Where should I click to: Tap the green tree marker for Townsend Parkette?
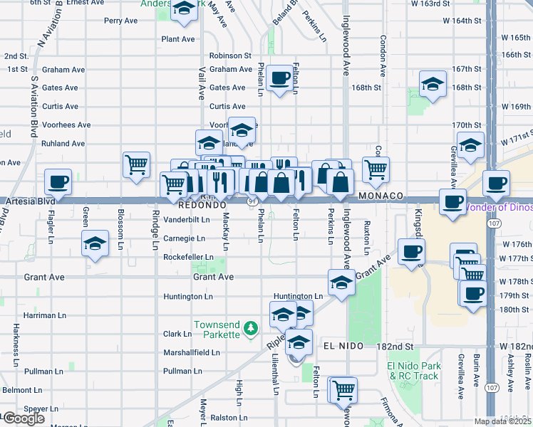[250, 328]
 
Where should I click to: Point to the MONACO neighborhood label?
[381, 196]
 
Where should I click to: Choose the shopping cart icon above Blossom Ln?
[136, 164]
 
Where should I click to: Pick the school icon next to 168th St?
[433, 84]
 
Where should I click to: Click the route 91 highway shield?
[252, 202]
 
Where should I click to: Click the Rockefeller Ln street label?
[188, 257]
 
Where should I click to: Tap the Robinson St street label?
[230, 55]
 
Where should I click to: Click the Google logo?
[24, 418]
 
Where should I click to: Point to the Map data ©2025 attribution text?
[502, 421]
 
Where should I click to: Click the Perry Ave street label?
[120, 21]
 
